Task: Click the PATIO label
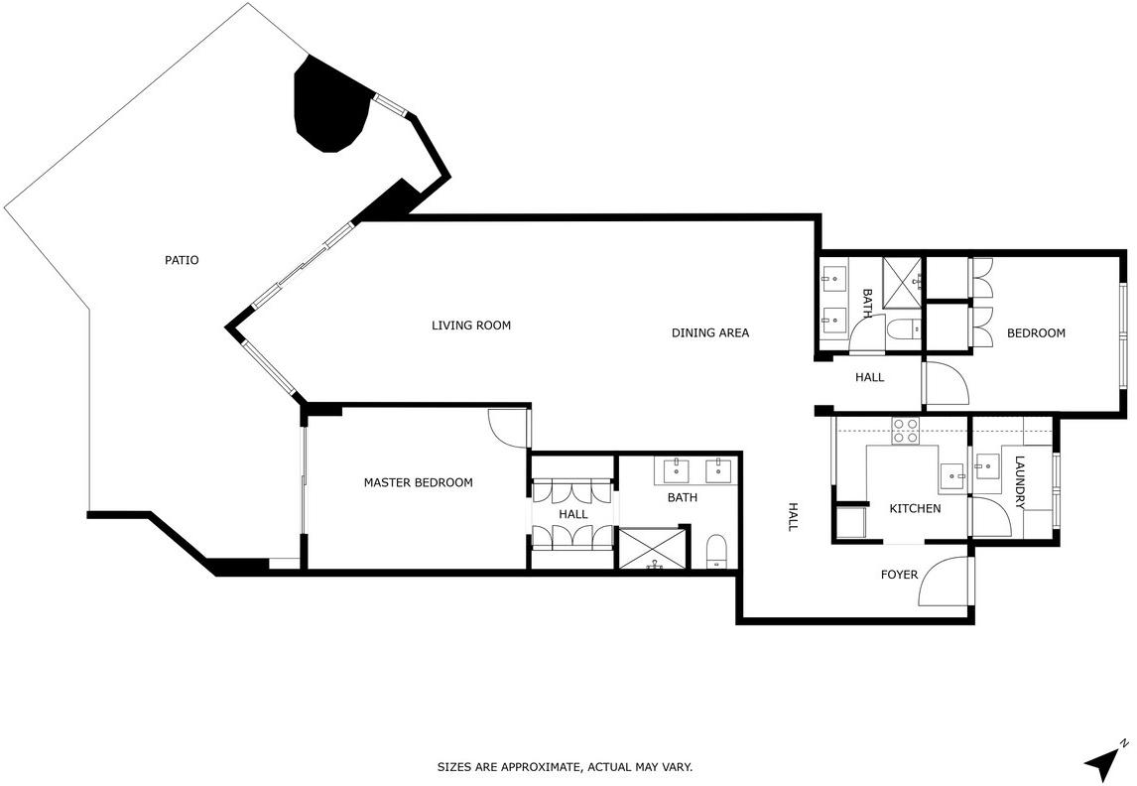click(182, 260)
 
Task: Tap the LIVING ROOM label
click(471, 326)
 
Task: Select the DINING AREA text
click(710, 332)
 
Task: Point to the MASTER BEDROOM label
click(419, 482)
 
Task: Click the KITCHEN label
click(915, 508)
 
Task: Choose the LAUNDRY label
click(1020, 482)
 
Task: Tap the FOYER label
click(899, 575)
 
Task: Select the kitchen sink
click(952, 476)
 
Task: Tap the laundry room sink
click(986, 464)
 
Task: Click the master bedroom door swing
click(508, 428)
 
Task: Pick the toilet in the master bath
click(715, 552)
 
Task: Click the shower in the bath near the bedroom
click(902, 279)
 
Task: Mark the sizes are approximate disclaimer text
click(565, 766)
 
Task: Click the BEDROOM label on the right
click(1036, 332)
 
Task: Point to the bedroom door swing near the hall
click(947, 383)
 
